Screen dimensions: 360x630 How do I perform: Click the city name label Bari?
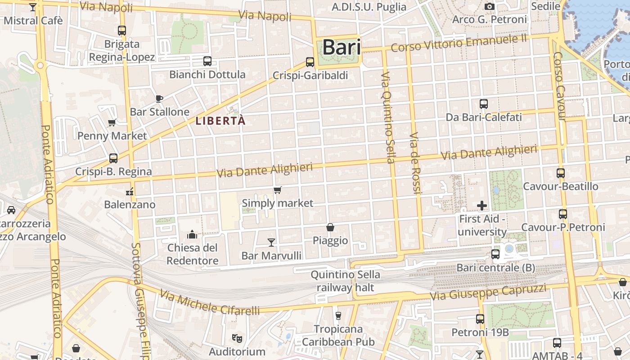pyautogui.click(x=342, y=48)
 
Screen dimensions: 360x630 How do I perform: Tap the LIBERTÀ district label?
pyautogui.click(x=220, y=121)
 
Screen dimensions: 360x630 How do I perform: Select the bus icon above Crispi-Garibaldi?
pyautogui.click(x=310, y=62)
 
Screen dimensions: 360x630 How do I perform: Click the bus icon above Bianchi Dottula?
pyautogui.click(x=207, y=61)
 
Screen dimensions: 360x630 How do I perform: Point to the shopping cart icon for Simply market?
pyautogui.click(x=278, y=190)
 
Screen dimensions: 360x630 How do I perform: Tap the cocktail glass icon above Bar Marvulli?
pyautogui.click(x=271, y=243)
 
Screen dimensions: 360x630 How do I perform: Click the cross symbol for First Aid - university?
pyautogui.click(x=482, y=206)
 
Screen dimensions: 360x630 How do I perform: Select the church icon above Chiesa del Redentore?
pyautogui.click(x=192, y=234)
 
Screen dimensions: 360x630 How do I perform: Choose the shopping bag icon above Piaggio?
pyautogui.click(x=330, y=227)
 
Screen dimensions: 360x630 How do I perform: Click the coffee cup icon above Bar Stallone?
pyautogui.click(x=158, y=99)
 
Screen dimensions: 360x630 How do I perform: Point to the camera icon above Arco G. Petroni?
pyautogui.click(x=490, y=6)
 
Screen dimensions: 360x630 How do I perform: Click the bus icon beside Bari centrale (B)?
pyautogui.click(x=495, y=254)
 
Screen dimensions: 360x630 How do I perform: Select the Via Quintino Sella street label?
pyautogui.click(x=388, y=117)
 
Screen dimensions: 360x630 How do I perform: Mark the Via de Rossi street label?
pyautogui.click(x=415, y=163)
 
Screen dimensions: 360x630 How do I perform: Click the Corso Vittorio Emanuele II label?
pyautogui.click(x=459, y=43)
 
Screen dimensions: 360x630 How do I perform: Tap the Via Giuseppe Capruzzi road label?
pyautogui.click(x=488, y=292)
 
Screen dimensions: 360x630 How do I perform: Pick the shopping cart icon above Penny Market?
pyautogui.click(x=112, y=122)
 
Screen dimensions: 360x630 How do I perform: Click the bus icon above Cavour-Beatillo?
pyautogui.click(x=561, y=173)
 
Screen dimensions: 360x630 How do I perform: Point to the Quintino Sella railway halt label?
pyautogui.click(x=346, y=281)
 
